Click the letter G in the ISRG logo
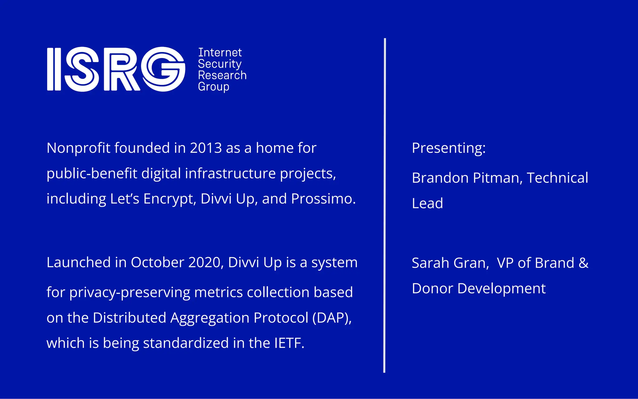163,69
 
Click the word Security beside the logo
220,64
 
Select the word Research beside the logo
222,75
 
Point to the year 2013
206,148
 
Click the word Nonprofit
79,148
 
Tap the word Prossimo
323,199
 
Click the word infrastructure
230,174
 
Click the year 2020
206,262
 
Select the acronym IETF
289,343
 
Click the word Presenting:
449,148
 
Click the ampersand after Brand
583,263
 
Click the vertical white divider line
385,206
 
